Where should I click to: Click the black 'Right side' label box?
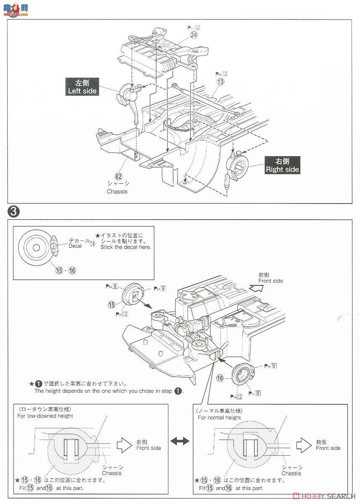click(282, 165)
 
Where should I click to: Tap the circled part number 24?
click(194, 36)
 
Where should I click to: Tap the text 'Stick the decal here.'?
click(126, 247)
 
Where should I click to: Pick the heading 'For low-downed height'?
click(45, 416)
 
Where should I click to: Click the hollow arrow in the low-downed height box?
click(124, 444)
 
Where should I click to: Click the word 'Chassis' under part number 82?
click(117, 192)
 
